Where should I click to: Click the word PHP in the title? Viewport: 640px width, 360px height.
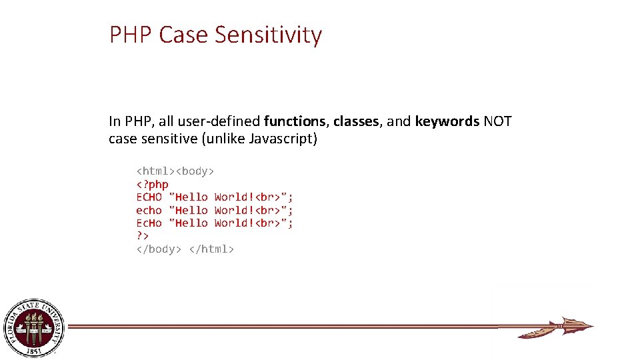pos(131,35)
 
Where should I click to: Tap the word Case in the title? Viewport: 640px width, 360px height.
pos(184,35)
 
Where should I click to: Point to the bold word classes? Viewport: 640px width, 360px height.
pos(356,121)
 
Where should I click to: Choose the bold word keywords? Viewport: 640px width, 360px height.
pos(447,121)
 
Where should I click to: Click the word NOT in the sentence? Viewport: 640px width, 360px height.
pos(497,121)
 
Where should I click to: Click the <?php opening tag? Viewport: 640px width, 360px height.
pos(152,184)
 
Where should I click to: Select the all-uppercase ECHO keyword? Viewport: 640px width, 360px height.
pos(149,197)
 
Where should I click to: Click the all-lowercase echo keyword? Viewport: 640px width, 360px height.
pos(149,210)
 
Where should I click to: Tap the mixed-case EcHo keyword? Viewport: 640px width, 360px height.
pos(149,223)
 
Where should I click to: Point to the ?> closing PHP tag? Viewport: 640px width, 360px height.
pos(142,236)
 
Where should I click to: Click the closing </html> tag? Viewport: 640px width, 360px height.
pos(211,249)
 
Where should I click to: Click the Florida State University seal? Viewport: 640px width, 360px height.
pos(35,327)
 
